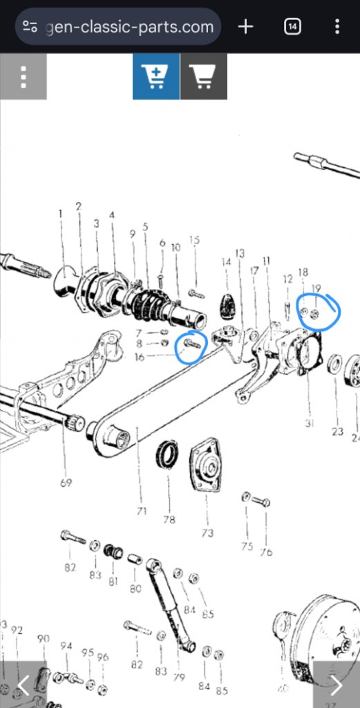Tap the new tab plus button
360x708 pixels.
click(245, 27)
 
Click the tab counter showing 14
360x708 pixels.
click(292, 27)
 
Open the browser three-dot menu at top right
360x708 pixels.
click(337, 27)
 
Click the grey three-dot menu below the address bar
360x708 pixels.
click(23, 76)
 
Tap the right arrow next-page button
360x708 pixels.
click(337, 684)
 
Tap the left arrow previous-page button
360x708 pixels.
click(23, 684)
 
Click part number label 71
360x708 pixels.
click(142, 512)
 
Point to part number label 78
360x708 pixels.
click(169, 519)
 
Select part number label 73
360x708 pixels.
click(207, 534)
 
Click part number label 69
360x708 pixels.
click(66, 483)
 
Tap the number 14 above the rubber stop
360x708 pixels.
click(225, 262)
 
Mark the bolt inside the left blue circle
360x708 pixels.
click(191, 342)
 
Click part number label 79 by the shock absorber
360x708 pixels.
click(178, 677)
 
